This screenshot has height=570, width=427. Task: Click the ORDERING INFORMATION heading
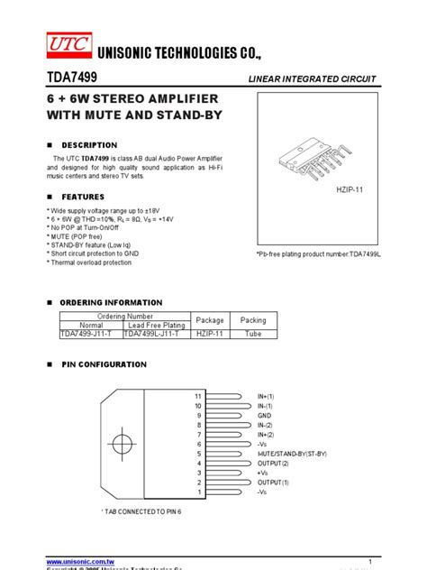[112, 301]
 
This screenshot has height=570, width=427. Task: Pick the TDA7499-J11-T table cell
[88, 334]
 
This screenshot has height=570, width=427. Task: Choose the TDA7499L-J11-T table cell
[152, 334]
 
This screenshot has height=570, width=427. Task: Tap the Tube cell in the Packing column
[253, 334]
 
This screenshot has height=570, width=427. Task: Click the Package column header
[210, 320]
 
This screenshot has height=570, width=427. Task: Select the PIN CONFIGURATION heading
[103, 364]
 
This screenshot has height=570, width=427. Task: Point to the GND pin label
[265, 415]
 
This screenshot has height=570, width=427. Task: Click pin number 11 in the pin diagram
[198, 396]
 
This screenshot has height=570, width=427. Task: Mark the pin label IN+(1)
[268, 396]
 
